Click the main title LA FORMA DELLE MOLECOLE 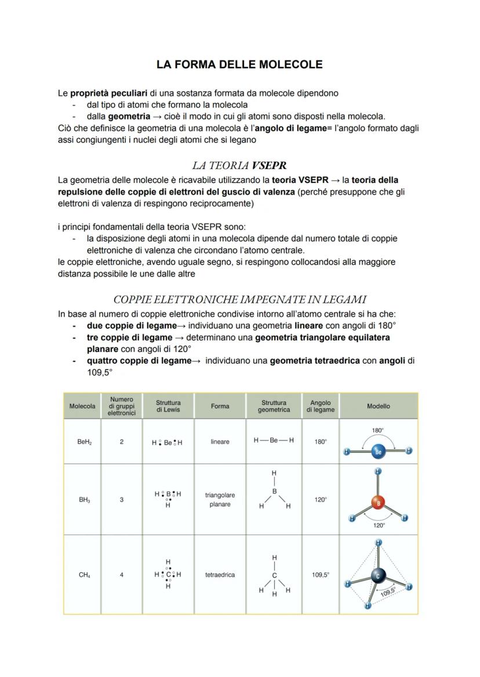click(239, 65)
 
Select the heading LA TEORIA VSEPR click(239, 166)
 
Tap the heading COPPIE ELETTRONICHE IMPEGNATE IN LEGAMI click(239, 299)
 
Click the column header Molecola click(82, 406)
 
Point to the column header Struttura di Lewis click(168, 406)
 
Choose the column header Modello click(378, 406)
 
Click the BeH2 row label click(84, 442)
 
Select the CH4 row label click(84, 575)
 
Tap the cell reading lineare click(220, 442)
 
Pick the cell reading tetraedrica click(220, 575)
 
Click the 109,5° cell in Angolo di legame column click(320, 575)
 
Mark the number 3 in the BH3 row click(122, 499)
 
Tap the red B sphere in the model click(378, 503)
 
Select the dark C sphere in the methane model click(378, 576)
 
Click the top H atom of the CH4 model click(379, 543)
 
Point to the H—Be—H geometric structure click(274, 441)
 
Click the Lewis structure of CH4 click(168, 574)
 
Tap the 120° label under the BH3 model click(379, 525)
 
